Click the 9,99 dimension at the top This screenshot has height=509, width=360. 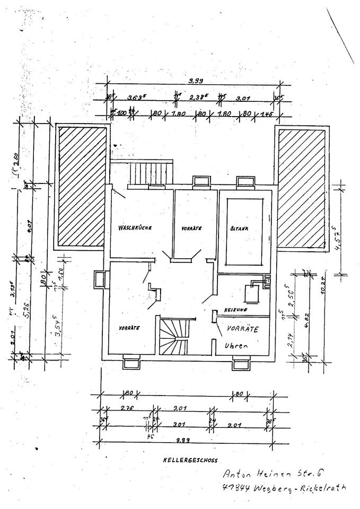195,81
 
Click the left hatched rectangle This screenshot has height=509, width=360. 81,186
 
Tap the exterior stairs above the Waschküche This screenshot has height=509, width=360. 152,173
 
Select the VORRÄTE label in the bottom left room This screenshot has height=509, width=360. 129,328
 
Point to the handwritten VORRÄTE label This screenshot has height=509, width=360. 242,329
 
